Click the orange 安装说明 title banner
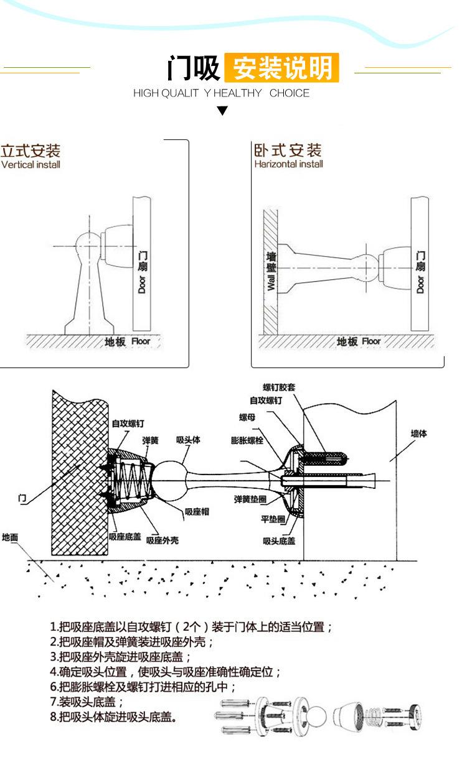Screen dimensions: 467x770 coord(281,68)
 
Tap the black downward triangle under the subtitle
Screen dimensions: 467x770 coord(223,110)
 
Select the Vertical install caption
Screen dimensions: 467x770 coord(31,165)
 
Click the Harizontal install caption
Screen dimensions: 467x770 coord(289,164)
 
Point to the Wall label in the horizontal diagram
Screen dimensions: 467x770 coord(271,282)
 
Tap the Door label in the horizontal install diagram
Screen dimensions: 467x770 coord(420,284)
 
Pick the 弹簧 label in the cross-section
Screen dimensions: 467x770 coord(151,440)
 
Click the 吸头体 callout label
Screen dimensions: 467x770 coord(188,440)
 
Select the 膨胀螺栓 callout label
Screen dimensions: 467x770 coord(247,440)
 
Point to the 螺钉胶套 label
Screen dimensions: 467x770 coord(279,387)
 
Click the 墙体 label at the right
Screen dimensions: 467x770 coord(419,434)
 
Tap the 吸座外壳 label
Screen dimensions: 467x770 coord(163,540)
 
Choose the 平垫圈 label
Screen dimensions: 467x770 coord(273,519)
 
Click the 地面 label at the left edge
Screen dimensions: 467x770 coord(10,537)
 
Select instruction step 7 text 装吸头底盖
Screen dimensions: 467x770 coord(87,702)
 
